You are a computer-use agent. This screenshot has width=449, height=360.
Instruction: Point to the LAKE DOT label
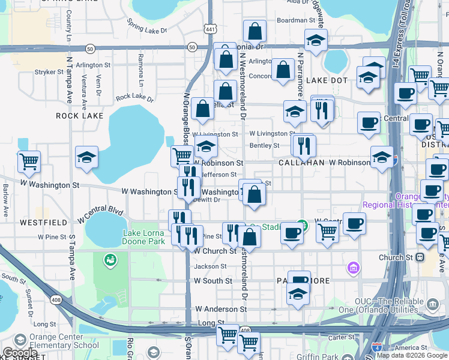tap(327, 80)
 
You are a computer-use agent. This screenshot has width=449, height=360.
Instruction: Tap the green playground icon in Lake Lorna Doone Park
tap(110, 260)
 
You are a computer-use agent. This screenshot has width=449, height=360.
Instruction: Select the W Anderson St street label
tap(220, 309)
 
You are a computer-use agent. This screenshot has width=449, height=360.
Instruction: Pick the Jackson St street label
tap(210, 266)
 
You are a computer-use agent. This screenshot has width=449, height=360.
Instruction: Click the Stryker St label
tap(49, 72)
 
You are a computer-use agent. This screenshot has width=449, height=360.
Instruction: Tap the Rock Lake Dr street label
tap(134, 97)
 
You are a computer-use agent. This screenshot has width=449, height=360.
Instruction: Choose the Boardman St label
tap(292, 20)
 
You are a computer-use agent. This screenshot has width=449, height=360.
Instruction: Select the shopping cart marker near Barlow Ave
tap(29, 161)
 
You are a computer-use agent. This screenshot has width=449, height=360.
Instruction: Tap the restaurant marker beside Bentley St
tap(304, 145)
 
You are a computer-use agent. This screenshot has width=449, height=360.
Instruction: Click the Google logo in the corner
tap(20, 353)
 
